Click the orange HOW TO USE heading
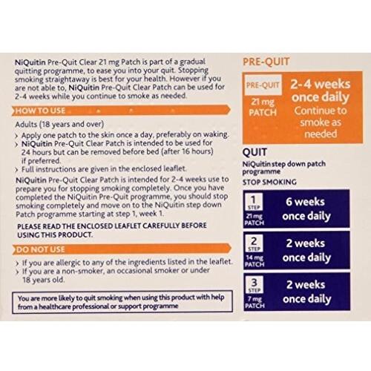pyautogui.click(x=40, y=111)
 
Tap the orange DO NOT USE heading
pyautogui.click(x=41, y=249)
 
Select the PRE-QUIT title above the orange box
pyautogui.click(x=266, y=62)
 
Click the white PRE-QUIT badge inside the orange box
pyautogui.click(x=263, y=85)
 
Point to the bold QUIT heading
pyautogui.click(x=255, y=152)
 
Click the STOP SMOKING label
pyautogui.click(x=269, y=183)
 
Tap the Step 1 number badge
pyautogui.click(x=254, y=202)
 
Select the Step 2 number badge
pyautogui.click(x=254, y=243)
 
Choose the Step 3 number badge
pyautogui.click(x=255, y=285)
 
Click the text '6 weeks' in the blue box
pyautogui.click(x=305, y=202)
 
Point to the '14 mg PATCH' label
pyautogui.click(x=255, y=261)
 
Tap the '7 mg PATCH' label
pyautogui.click(x=255, y=303)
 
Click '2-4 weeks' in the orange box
pyautogui.click(x=321, y=84)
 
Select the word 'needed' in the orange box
pyautogui.click(x=321, y=134)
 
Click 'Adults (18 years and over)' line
pyautogui.click(x=59, y=124)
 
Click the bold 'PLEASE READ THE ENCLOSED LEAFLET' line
pyautogui.click(x=112, y=226)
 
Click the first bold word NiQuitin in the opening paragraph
pyautogui.click(x=30, y=62)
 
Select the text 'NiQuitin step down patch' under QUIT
pyautogui.click(x=284, y=164)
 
